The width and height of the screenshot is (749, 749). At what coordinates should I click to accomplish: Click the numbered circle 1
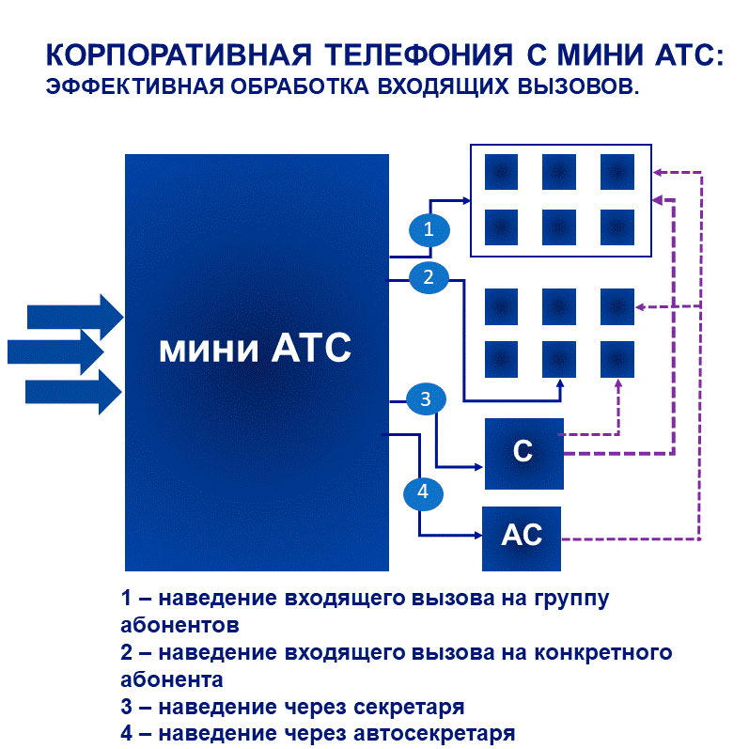[429, 229]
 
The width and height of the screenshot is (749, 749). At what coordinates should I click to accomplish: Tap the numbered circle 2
[429, 277]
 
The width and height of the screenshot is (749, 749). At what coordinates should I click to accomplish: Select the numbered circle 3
[426, 398]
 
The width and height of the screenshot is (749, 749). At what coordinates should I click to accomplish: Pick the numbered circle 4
[423, 492]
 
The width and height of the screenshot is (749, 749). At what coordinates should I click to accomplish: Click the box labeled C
[524, 454]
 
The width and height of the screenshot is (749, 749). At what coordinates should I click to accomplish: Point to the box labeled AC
[522, 538]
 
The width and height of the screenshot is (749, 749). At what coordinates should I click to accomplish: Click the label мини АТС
[255, 349]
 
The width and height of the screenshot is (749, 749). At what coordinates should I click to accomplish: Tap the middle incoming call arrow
[55, 352]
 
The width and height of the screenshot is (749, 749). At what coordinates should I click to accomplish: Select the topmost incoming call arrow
[75, 317]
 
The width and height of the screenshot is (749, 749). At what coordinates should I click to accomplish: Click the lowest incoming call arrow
[73, 392]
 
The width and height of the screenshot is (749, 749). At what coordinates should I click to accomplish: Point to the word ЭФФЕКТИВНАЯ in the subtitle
[134, 87]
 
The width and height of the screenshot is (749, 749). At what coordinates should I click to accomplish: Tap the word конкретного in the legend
[602, 652]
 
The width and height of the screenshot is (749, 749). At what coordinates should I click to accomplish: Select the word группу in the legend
[571, 599]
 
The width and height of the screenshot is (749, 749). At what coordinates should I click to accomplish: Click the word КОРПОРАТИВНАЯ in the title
[179, 55]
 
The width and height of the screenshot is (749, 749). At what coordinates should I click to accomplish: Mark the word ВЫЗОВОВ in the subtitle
[579, 87]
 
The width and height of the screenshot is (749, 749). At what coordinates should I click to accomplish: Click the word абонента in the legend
[172, 679]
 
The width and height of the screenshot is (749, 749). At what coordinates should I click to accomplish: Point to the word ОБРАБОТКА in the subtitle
[300, 87]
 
